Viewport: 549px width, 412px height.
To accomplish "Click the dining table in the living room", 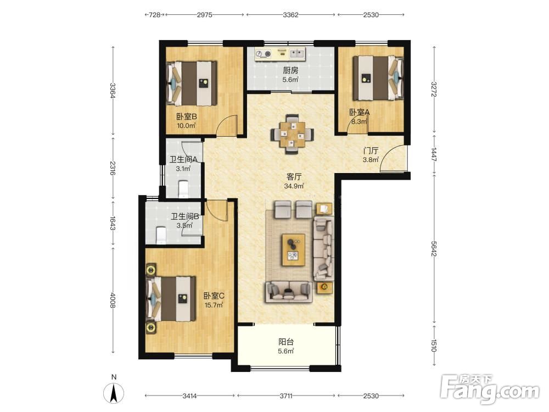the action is [292, 134].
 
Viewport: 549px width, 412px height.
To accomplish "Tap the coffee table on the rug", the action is [293, 250].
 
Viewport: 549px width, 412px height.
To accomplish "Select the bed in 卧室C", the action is [171, 299].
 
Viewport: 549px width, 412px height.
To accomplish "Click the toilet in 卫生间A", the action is [183, 188].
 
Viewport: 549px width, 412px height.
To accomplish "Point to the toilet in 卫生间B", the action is [161, 235].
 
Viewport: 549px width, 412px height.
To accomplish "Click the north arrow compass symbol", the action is [114, 392].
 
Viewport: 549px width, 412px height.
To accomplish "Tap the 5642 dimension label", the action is [434, 248].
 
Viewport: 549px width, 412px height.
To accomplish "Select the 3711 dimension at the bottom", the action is [286, 396].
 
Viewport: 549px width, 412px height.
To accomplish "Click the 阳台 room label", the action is [286, 342].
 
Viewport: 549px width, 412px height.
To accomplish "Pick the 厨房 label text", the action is [290, 70].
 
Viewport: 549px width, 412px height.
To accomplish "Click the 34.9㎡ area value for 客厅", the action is [294, 186].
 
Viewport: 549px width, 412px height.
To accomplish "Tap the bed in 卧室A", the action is [378, 78].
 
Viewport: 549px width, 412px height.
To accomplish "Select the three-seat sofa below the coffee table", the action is [289, 292].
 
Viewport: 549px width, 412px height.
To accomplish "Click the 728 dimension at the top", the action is [154, 15].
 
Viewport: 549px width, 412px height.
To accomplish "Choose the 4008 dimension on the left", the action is [113, 300].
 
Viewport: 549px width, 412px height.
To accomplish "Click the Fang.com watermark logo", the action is [490, 388].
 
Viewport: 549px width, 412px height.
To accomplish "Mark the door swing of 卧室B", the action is [227, 125].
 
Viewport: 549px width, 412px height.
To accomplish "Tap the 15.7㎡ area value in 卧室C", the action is [214, 305].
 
